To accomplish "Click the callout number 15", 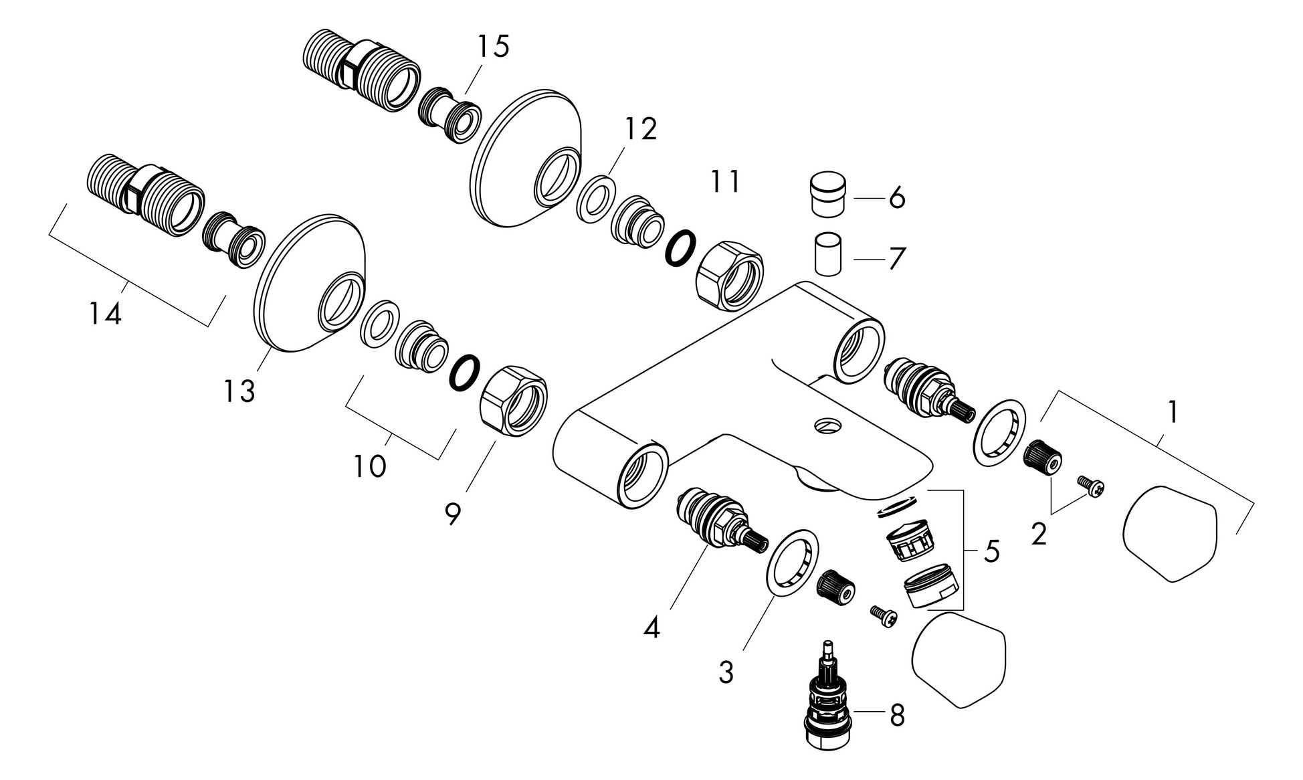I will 493,47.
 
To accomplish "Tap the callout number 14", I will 106,314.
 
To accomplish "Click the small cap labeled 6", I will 828,193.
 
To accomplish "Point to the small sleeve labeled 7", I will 828,254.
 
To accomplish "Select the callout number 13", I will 239,391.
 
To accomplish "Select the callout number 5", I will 991,553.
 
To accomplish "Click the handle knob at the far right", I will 1170,532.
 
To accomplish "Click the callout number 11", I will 725,182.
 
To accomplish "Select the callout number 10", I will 370,466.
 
